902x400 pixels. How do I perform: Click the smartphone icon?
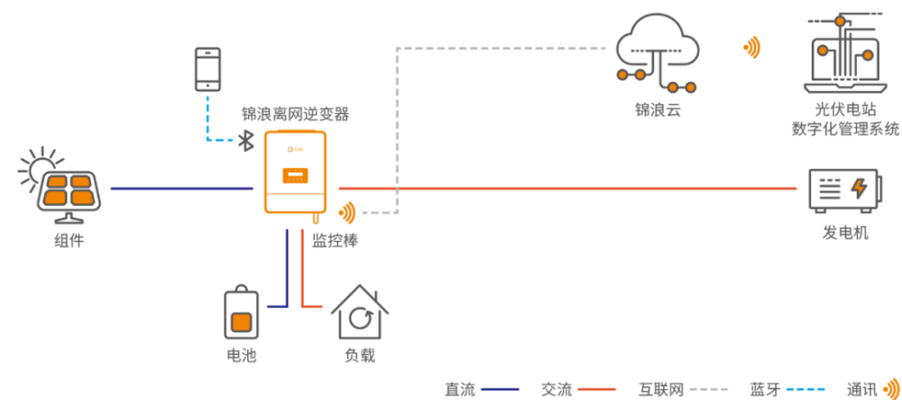click(208, 69)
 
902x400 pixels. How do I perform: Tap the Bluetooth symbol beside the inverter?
click(246, 141)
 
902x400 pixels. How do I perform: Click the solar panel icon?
click(69, 196)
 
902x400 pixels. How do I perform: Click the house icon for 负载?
click(360, 312)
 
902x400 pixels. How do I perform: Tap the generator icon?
click(844, 189)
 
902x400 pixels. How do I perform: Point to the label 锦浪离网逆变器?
click(295, 115)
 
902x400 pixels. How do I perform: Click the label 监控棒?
click(336, 240)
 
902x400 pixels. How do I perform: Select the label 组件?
click(69, 240)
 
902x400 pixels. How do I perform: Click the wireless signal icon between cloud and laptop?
click(752, 49)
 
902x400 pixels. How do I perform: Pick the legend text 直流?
click(460, 390)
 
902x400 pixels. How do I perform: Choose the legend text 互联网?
click(661, 390)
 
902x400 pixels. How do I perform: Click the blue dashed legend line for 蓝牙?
click(805, 390)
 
